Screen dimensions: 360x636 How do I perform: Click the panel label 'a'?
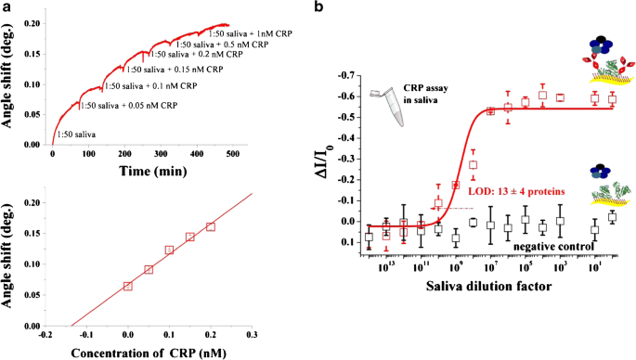tap(7, 7)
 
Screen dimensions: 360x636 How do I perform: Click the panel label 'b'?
tap(319, 7)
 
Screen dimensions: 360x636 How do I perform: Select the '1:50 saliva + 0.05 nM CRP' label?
tap(156, 104)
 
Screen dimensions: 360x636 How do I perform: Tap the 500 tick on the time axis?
tap(232, 155)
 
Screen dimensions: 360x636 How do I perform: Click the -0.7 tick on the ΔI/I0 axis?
tap(343, 73)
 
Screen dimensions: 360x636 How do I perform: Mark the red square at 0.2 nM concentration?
tap(211, 226)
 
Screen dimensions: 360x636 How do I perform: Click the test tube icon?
tap(377, 96)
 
